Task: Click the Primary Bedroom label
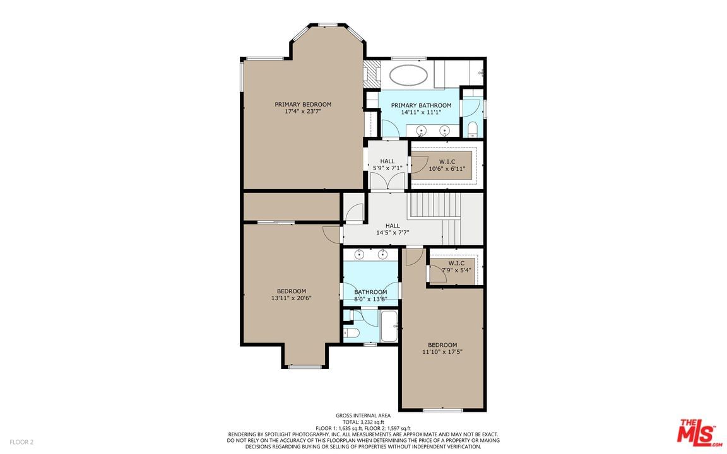(303, 104)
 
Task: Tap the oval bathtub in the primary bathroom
(408, 75)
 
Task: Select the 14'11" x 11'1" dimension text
(421, 112)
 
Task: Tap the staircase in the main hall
(435, 218)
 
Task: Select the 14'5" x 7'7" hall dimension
(393, 233)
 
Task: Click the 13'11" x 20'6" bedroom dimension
(291, 298)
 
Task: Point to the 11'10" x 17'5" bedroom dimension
(442, 352)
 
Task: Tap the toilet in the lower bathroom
(352, 333)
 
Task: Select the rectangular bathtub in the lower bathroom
(389, 326)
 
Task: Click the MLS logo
(699, 433)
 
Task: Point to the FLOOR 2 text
(22, 442)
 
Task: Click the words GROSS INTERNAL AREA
(363, 416)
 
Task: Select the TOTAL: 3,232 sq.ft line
(363, 422)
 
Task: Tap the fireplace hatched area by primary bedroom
(371, 74)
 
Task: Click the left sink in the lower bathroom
(359, 254)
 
